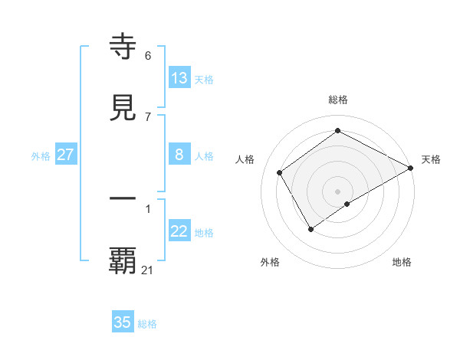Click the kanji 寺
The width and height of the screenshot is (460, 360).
[x=123, y=47]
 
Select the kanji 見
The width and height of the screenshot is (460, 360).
[x=123, y=108]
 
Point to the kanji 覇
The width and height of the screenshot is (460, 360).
[x=123, y=260]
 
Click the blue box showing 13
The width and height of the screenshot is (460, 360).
[x=179, y=78]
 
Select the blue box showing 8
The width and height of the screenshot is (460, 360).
[x=179, y=155]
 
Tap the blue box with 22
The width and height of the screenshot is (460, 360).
[x=179, y=231]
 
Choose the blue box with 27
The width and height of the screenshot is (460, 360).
[x=65, y=155]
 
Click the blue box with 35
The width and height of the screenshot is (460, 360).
[x=123, y=322]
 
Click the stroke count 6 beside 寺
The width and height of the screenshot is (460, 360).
[x=148, y=55]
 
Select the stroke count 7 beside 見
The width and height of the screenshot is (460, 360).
[x=148, y=116]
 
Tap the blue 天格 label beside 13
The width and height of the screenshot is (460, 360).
[x=204, y=80]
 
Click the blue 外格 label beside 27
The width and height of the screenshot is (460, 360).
[x=41, y=156]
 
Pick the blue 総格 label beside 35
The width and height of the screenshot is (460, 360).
[x=147, y=324]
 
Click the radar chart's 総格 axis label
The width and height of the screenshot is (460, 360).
[x=338, y=100]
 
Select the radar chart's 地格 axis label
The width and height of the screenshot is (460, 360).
[x=402, y=262]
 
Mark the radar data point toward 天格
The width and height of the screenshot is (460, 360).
[x=410, y=168]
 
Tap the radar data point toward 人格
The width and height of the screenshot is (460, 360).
[x=280, y=172]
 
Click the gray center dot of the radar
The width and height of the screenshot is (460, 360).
[x=338, y=191]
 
